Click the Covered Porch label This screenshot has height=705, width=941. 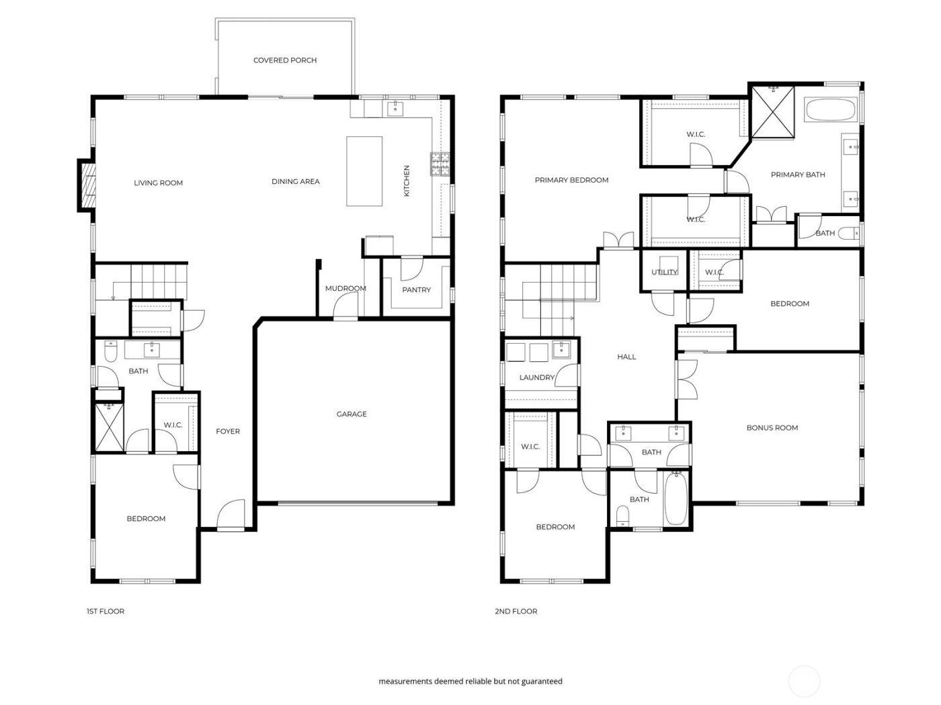(x=285, y=60)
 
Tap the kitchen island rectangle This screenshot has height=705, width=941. (x=364, y=171)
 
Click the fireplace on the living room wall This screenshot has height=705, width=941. (x=85, y=186)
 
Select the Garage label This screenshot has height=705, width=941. (x=352, y=414)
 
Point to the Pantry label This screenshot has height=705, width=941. (x=416, y=290)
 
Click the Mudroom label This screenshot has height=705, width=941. (x=345, y=289)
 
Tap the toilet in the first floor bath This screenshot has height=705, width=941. (x=112, y=350)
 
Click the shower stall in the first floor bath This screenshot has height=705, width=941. (x=108, y=427)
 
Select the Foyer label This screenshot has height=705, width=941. (x=228, y=432)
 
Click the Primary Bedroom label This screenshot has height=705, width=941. (x=571, y=180)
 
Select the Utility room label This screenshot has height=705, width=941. (x=664, y=272)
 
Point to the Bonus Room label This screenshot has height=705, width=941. (x=772, y=428)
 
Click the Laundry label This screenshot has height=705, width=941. (x=536, y=378)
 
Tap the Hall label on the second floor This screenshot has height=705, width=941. (x=626, y=357)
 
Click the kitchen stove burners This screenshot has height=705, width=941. (x=440, y=164)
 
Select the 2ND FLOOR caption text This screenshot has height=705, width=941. (x=516, y=612)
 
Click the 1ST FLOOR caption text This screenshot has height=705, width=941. (x=106, y=612)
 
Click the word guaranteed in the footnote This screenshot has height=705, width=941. (x=540, y=681)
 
